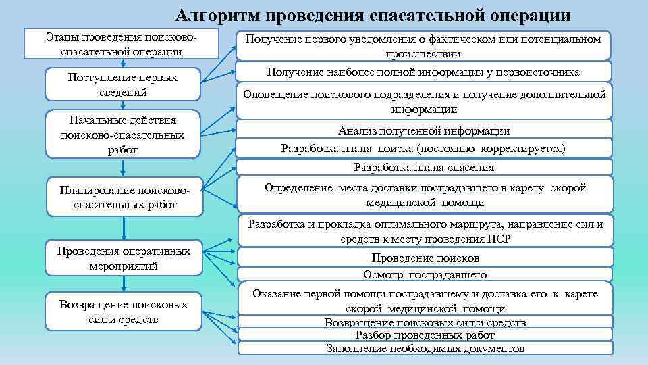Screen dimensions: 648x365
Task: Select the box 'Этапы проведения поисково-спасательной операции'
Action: pyautogui.click(x=121, y=43)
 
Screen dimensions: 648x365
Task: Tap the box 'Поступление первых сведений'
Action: pyautogui.click(x=122, y=84)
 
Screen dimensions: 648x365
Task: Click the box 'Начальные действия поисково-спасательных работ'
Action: pyautogui.click(x=122, y=135)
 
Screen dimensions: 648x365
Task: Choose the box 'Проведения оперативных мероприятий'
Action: pyautogui.click(x=123, y=258)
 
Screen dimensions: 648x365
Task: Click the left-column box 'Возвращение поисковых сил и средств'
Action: pyautogui.click(x=123, y=312)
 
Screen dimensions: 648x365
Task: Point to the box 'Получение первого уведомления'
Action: pyautogui.click(x=423, y=46)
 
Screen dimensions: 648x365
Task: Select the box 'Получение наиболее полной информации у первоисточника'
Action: pyautogui.click(x=423, y=72)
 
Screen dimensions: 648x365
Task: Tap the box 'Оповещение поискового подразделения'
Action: pyautogui.click(x=423, y=101)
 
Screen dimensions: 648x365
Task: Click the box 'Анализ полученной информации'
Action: pyautogui.click(x=423, y=130)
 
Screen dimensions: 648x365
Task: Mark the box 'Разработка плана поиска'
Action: pyautogui.click(x=423, y=148)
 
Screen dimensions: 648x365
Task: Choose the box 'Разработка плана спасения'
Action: pyautogui.click(x=423, y=167)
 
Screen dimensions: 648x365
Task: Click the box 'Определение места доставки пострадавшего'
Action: pyautogui.click(x=425, y=195)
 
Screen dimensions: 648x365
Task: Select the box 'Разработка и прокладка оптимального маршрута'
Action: pyautogui.click(x=425, y=230)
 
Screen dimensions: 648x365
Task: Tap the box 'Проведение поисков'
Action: pyautogui.click(x=425, y=258)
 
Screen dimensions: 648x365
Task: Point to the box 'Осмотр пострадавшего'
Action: pyautogui.click(x=425, y=274)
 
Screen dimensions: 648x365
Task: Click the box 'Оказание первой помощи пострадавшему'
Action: pyautogui.click(x=425, y=300)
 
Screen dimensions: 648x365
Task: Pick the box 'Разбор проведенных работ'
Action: pyautogui.click(x=425, y=335)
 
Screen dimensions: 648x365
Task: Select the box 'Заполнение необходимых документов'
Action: pyautogui.click(x=425, y=349)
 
